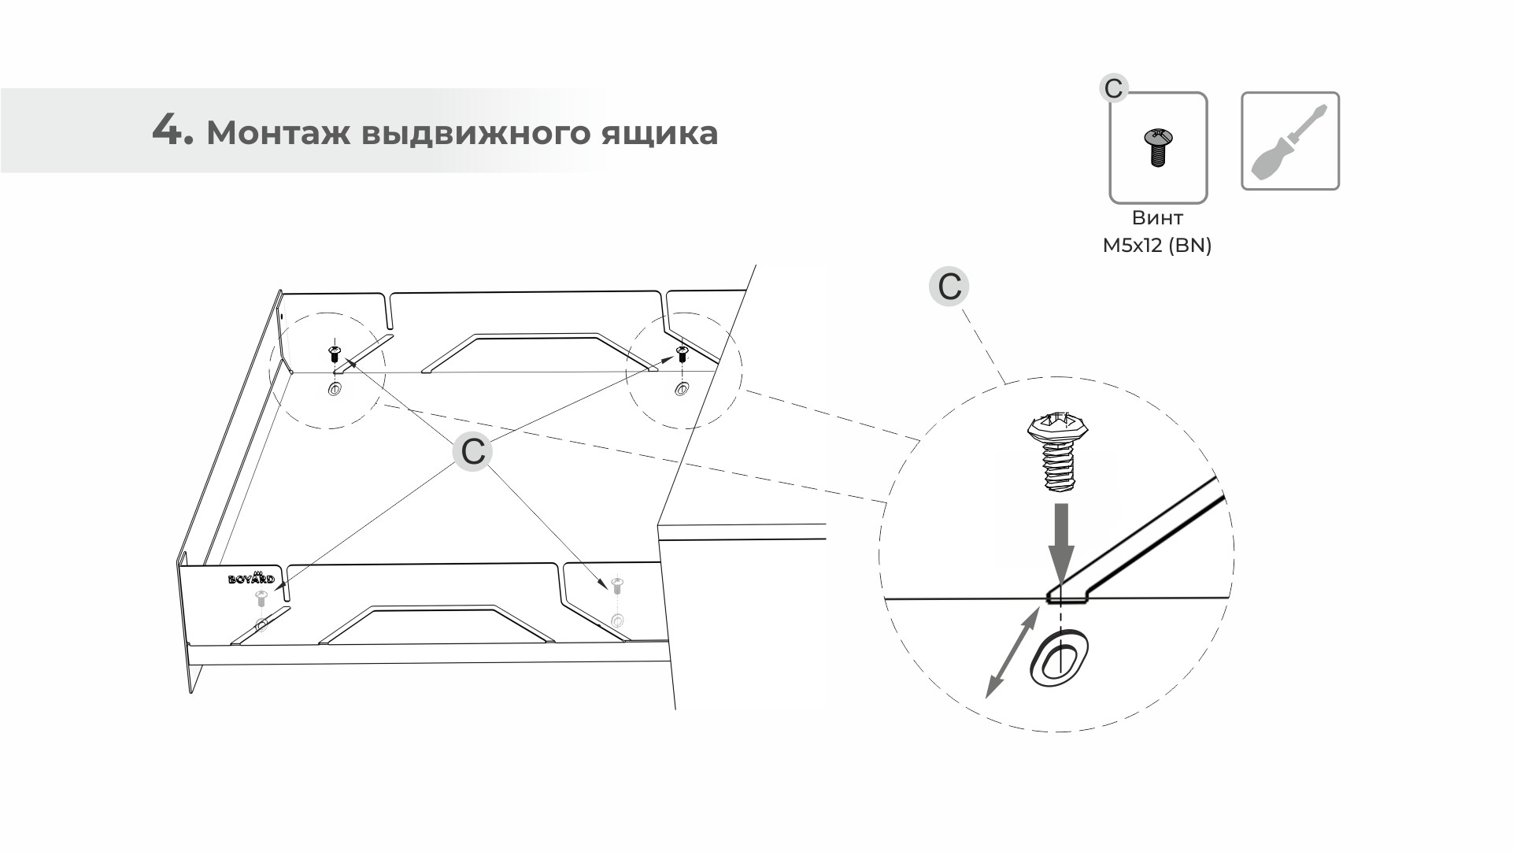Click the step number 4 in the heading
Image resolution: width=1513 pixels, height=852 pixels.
point(171,130)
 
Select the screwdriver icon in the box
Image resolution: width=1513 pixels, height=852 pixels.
point(1289,142)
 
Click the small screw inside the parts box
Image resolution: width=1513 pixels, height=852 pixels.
point(1157,147)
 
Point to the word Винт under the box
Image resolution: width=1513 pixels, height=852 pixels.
point(1157,218)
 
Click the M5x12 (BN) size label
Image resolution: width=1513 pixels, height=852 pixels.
point(1157,246)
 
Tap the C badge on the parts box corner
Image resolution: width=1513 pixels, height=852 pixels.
point(1113,88)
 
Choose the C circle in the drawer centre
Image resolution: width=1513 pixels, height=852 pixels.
point(472,452)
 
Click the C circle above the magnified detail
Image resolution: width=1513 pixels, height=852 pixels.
point(949,286)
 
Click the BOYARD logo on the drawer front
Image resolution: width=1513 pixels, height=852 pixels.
point(251,579)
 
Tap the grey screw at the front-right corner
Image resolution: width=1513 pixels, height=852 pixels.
point(617,584)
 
